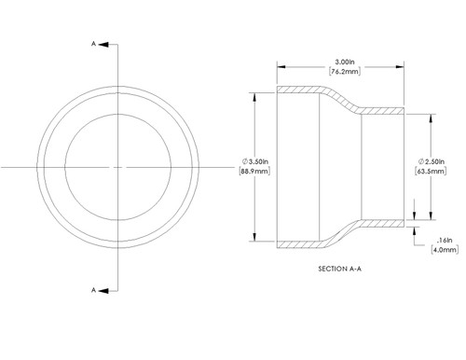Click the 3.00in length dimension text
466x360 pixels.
tap(340, 61)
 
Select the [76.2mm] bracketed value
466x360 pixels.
tap(340, 71)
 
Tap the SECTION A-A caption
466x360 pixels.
tap(341, 267)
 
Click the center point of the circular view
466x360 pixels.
tap(118, 166)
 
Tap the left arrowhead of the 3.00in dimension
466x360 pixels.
tap(280, 66)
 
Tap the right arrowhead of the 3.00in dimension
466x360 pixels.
tap(404, 66)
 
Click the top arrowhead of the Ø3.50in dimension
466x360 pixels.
tap(257, 92)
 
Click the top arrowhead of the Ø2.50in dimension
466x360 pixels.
tap(431, 118)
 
